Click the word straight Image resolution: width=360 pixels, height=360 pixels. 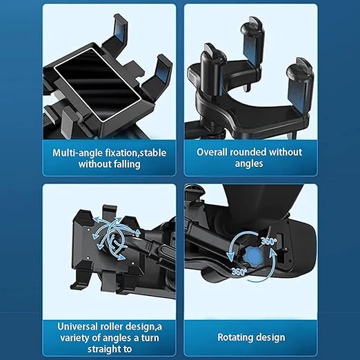pyautogui.click(x=80, y=350)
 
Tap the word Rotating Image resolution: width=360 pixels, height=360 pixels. pyautogui.click(x=237, y=338)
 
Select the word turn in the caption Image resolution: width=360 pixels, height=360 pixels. pyautogui.click(x=140, y=338)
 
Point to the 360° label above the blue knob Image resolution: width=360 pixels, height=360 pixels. pyautogui.click(x=270, y=242)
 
